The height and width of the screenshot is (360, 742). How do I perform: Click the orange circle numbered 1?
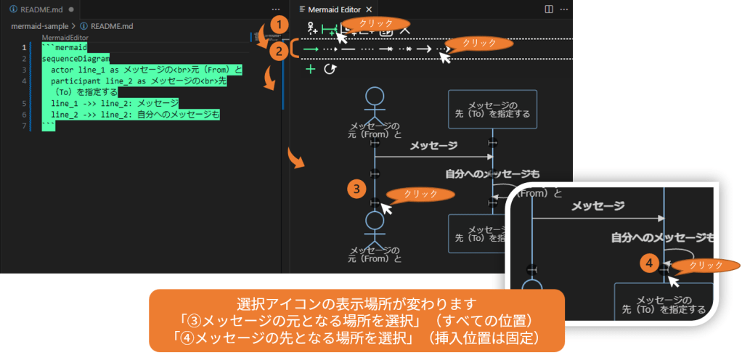(x=275, y=24)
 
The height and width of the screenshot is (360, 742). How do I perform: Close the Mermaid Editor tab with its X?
(x=369, y=9)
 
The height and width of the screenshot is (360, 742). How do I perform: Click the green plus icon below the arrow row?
(x=311, y=69)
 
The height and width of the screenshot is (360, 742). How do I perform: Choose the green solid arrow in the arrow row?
(x=311, y=49)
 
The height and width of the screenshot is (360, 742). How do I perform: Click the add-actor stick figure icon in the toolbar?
(x=311, y=29)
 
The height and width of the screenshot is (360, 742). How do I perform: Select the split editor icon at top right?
(x=549, y=9)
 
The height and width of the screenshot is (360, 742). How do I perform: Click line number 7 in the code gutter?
(x=24, y=126)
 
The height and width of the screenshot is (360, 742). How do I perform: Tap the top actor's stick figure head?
(x=375, y=97)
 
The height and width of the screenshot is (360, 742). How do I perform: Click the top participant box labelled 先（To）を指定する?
(x=492, y=109)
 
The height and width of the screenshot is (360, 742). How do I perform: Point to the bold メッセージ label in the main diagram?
(x=433, y=146)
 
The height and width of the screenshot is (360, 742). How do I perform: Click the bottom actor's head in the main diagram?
(x=375, y=221)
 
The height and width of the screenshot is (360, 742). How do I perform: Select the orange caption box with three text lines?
(x=356, y=320)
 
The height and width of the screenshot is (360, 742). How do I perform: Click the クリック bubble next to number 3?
(x=420, y=194)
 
